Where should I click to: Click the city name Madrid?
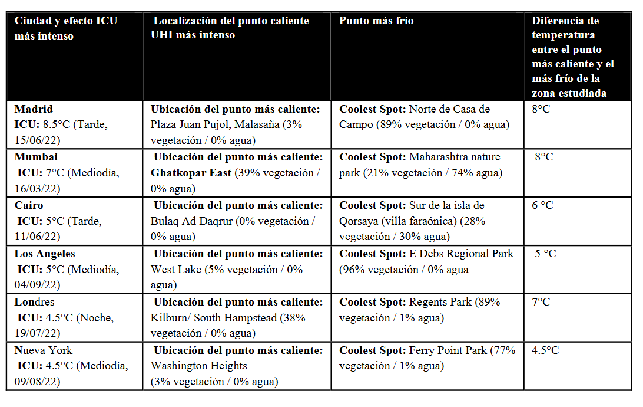(34, 109)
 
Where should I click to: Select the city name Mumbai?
(37, 157)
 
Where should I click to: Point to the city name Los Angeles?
(45, 254)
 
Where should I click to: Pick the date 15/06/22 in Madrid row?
(37, 140)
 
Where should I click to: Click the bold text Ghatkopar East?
(191, 173)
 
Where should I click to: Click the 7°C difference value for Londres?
(541, 302)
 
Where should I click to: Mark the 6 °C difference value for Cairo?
(542, 205)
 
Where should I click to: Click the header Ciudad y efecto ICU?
(65, 21)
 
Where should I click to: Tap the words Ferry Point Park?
(448, 350)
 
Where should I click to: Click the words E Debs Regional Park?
(461, 254)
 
